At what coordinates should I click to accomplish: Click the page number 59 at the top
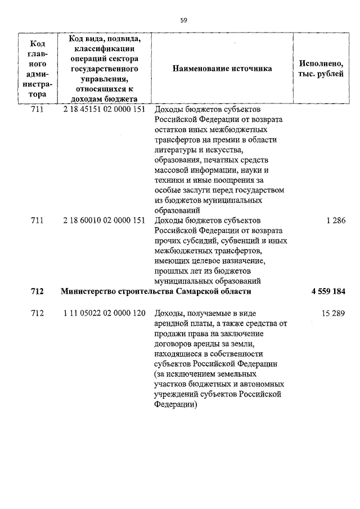pos(183,20)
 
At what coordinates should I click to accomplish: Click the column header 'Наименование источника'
pos(222,69)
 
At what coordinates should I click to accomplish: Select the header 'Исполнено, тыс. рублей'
pos(320,69)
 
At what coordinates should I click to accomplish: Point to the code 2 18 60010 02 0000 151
pos(105,220)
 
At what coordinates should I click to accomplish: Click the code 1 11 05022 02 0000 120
pos(105,313)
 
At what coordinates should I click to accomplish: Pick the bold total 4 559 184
pos(328,292)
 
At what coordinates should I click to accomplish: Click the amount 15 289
pos(333,313)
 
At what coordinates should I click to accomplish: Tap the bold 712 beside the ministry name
pos(37,292)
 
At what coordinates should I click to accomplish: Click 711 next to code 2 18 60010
pos(37,220)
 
